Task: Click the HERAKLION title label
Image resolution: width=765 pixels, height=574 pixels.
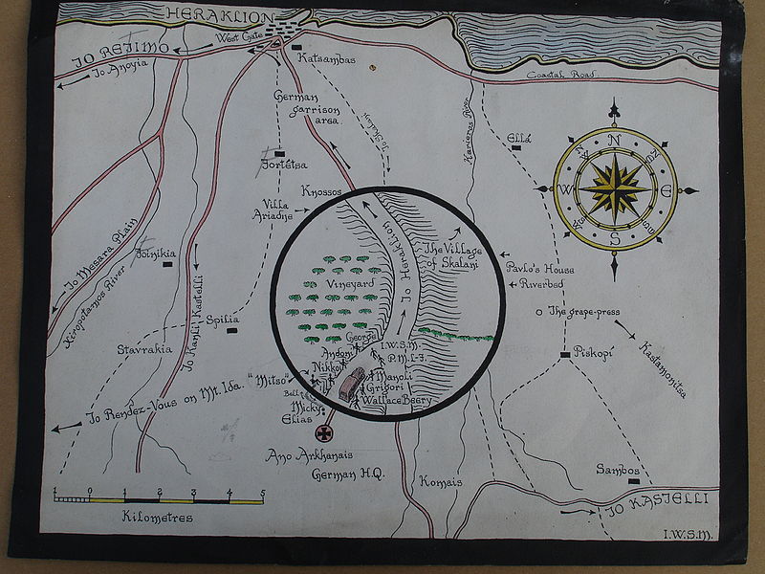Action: (222, 14)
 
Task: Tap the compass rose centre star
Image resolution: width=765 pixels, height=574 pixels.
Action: (614, 188)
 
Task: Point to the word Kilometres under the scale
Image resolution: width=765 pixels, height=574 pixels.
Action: (158, 518)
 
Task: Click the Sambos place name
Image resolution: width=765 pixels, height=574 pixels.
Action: (617, 469)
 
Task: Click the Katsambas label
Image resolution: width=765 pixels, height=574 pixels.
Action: (327, 59)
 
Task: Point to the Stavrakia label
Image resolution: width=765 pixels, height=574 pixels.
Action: (144, 350)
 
